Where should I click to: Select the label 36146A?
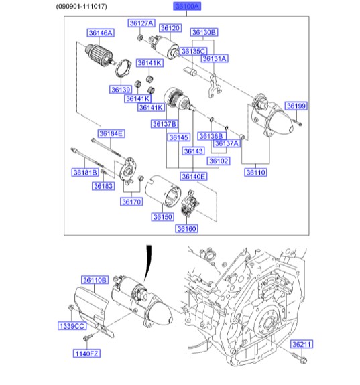[x=100, y=32]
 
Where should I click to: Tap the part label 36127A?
[x=141, y=23]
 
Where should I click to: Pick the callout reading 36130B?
[x=204, y=32]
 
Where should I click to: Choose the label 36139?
[x=121, y=89]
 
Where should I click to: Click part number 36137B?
[x=164, y=124]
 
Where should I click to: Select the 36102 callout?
[x=218, y=161]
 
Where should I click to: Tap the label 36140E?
[x=193, y=176]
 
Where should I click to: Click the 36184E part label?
[x=111, y=133]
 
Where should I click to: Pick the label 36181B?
[x=85, y=172]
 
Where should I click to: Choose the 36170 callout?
[x=131, y=201]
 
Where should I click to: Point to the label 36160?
[x=187, y=228]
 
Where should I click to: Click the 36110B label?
[x=95, y=279]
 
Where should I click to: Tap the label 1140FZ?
[x=85, y=353]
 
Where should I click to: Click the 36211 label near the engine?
[x=301, y=344]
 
